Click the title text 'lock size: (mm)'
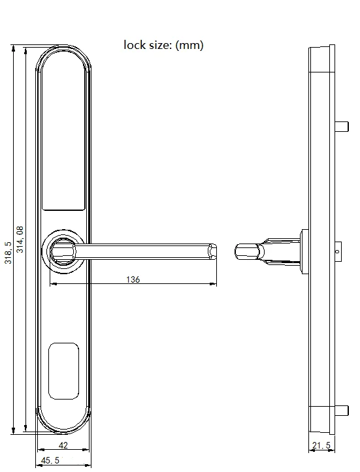coord(163,45)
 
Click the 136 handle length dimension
coord(133,279)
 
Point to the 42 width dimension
coord(63,445)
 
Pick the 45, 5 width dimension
coord(51,461)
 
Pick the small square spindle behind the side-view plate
coord(338,251)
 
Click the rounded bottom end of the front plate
coord(63,422)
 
